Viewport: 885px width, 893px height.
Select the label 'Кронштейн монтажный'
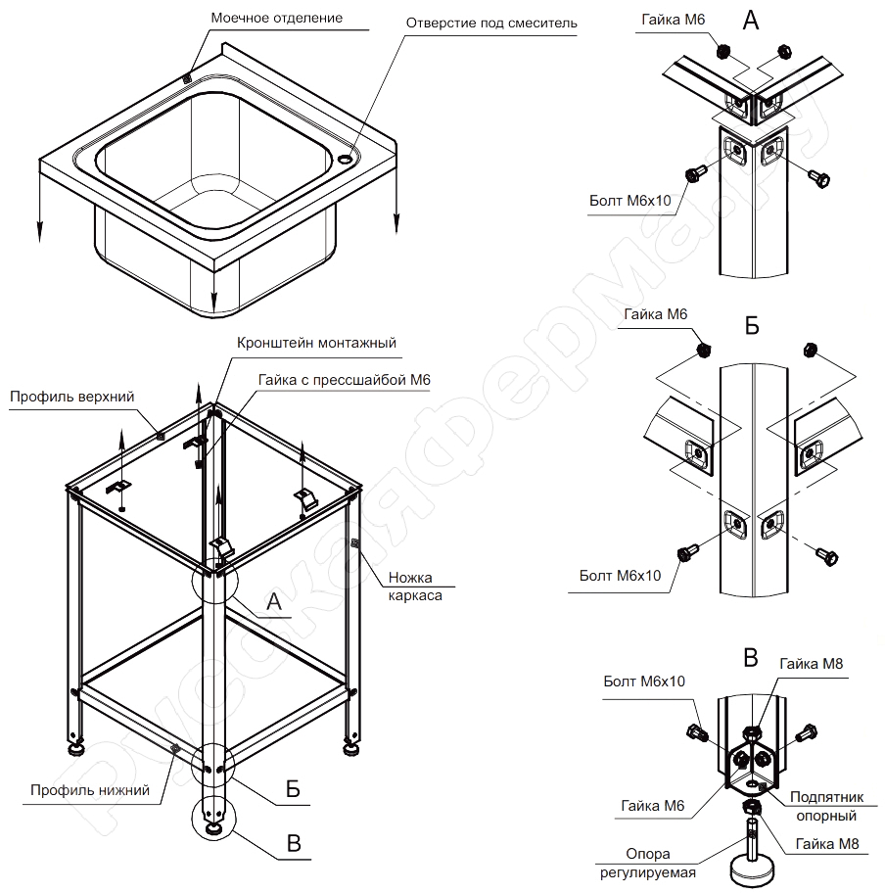coord(316,343)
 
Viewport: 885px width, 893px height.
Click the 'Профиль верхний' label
coord(71,397)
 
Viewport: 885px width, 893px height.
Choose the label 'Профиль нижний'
coord(89,790)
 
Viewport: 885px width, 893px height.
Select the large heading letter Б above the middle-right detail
coord(752,326)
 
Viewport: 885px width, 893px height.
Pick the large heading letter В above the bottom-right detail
coord(751,657)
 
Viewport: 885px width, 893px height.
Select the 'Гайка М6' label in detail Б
coord(655,314)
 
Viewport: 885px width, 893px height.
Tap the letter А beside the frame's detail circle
coord(275,602)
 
